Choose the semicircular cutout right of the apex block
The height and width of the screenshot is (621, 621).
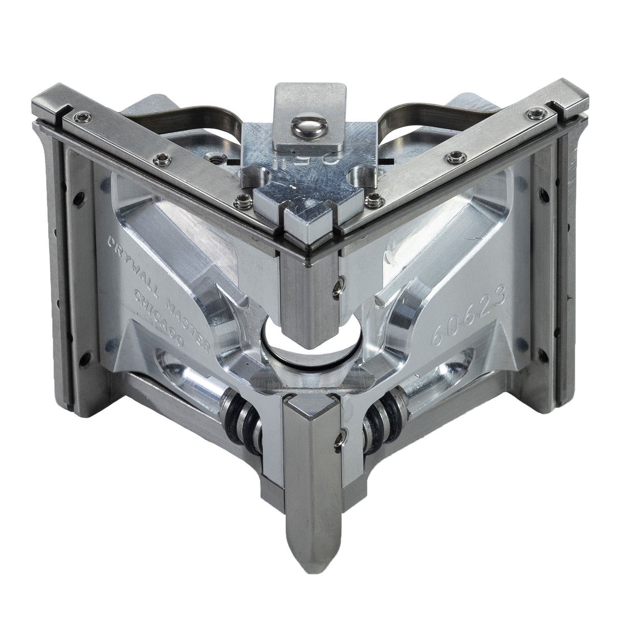[x=358, y=177]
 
